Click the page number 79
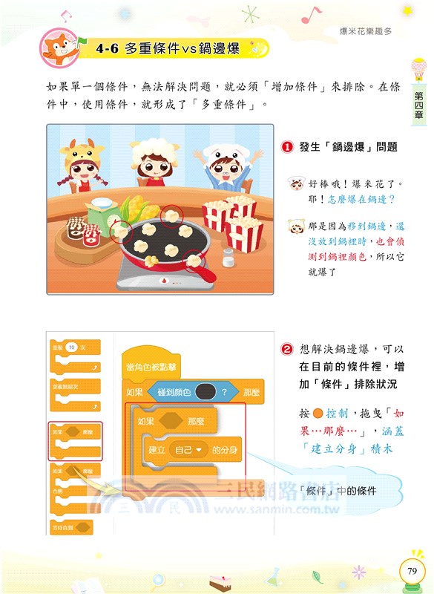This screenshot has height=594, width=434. (x=412, y=571)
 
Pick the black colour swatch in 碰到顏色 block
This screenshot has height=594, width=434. (x=205, y=392)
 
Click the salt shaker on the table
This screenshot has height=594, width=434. (x=228, y=258)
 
